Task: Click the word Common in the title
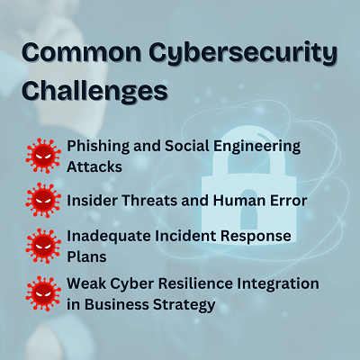point(81,53)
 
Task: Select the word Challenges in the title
point(94,92)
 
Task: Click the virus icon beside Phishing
point(43,156)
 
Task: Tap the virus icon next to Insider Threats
point(43,201)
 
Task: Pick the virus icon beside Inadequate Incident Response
point(43,246)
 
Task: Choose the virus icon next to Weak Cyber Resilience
point(43,293)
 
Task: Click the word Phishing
point(98,147)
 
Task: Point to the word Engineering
point(256,147)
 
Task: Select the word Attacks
point(94,166)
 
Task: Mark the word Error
point(289,201)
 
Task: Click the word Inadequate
point(108,237)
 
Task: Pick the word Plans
point(86,256)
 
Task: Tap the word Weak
point(86,283)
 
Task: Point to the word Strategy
point(184,305)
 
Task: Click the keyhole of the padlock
point(248,208)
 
